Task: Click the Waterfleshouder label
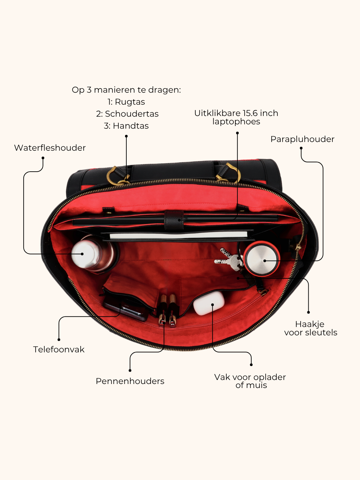pos(50,148)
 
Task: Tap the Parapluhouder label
pos(302,139)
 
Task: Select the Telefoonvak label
pos(59,349)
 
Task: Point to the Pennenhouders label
pos(130,381)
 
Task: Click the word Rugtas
pos(130,102)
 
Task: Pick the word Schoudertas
pos(132,114)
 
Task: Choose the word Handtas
pos(131,126)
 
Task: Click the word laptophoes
pos(236,122)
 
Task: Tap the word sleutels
pos(321,333)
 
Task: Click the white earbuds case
pos(209,303)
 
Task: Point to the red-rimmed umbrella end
pos(262,259)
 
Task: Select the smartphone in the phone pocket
pos(125,308)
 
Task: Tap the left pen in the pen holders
pos(162,310)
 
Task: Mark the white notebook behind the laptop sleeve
pos(178,236)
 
